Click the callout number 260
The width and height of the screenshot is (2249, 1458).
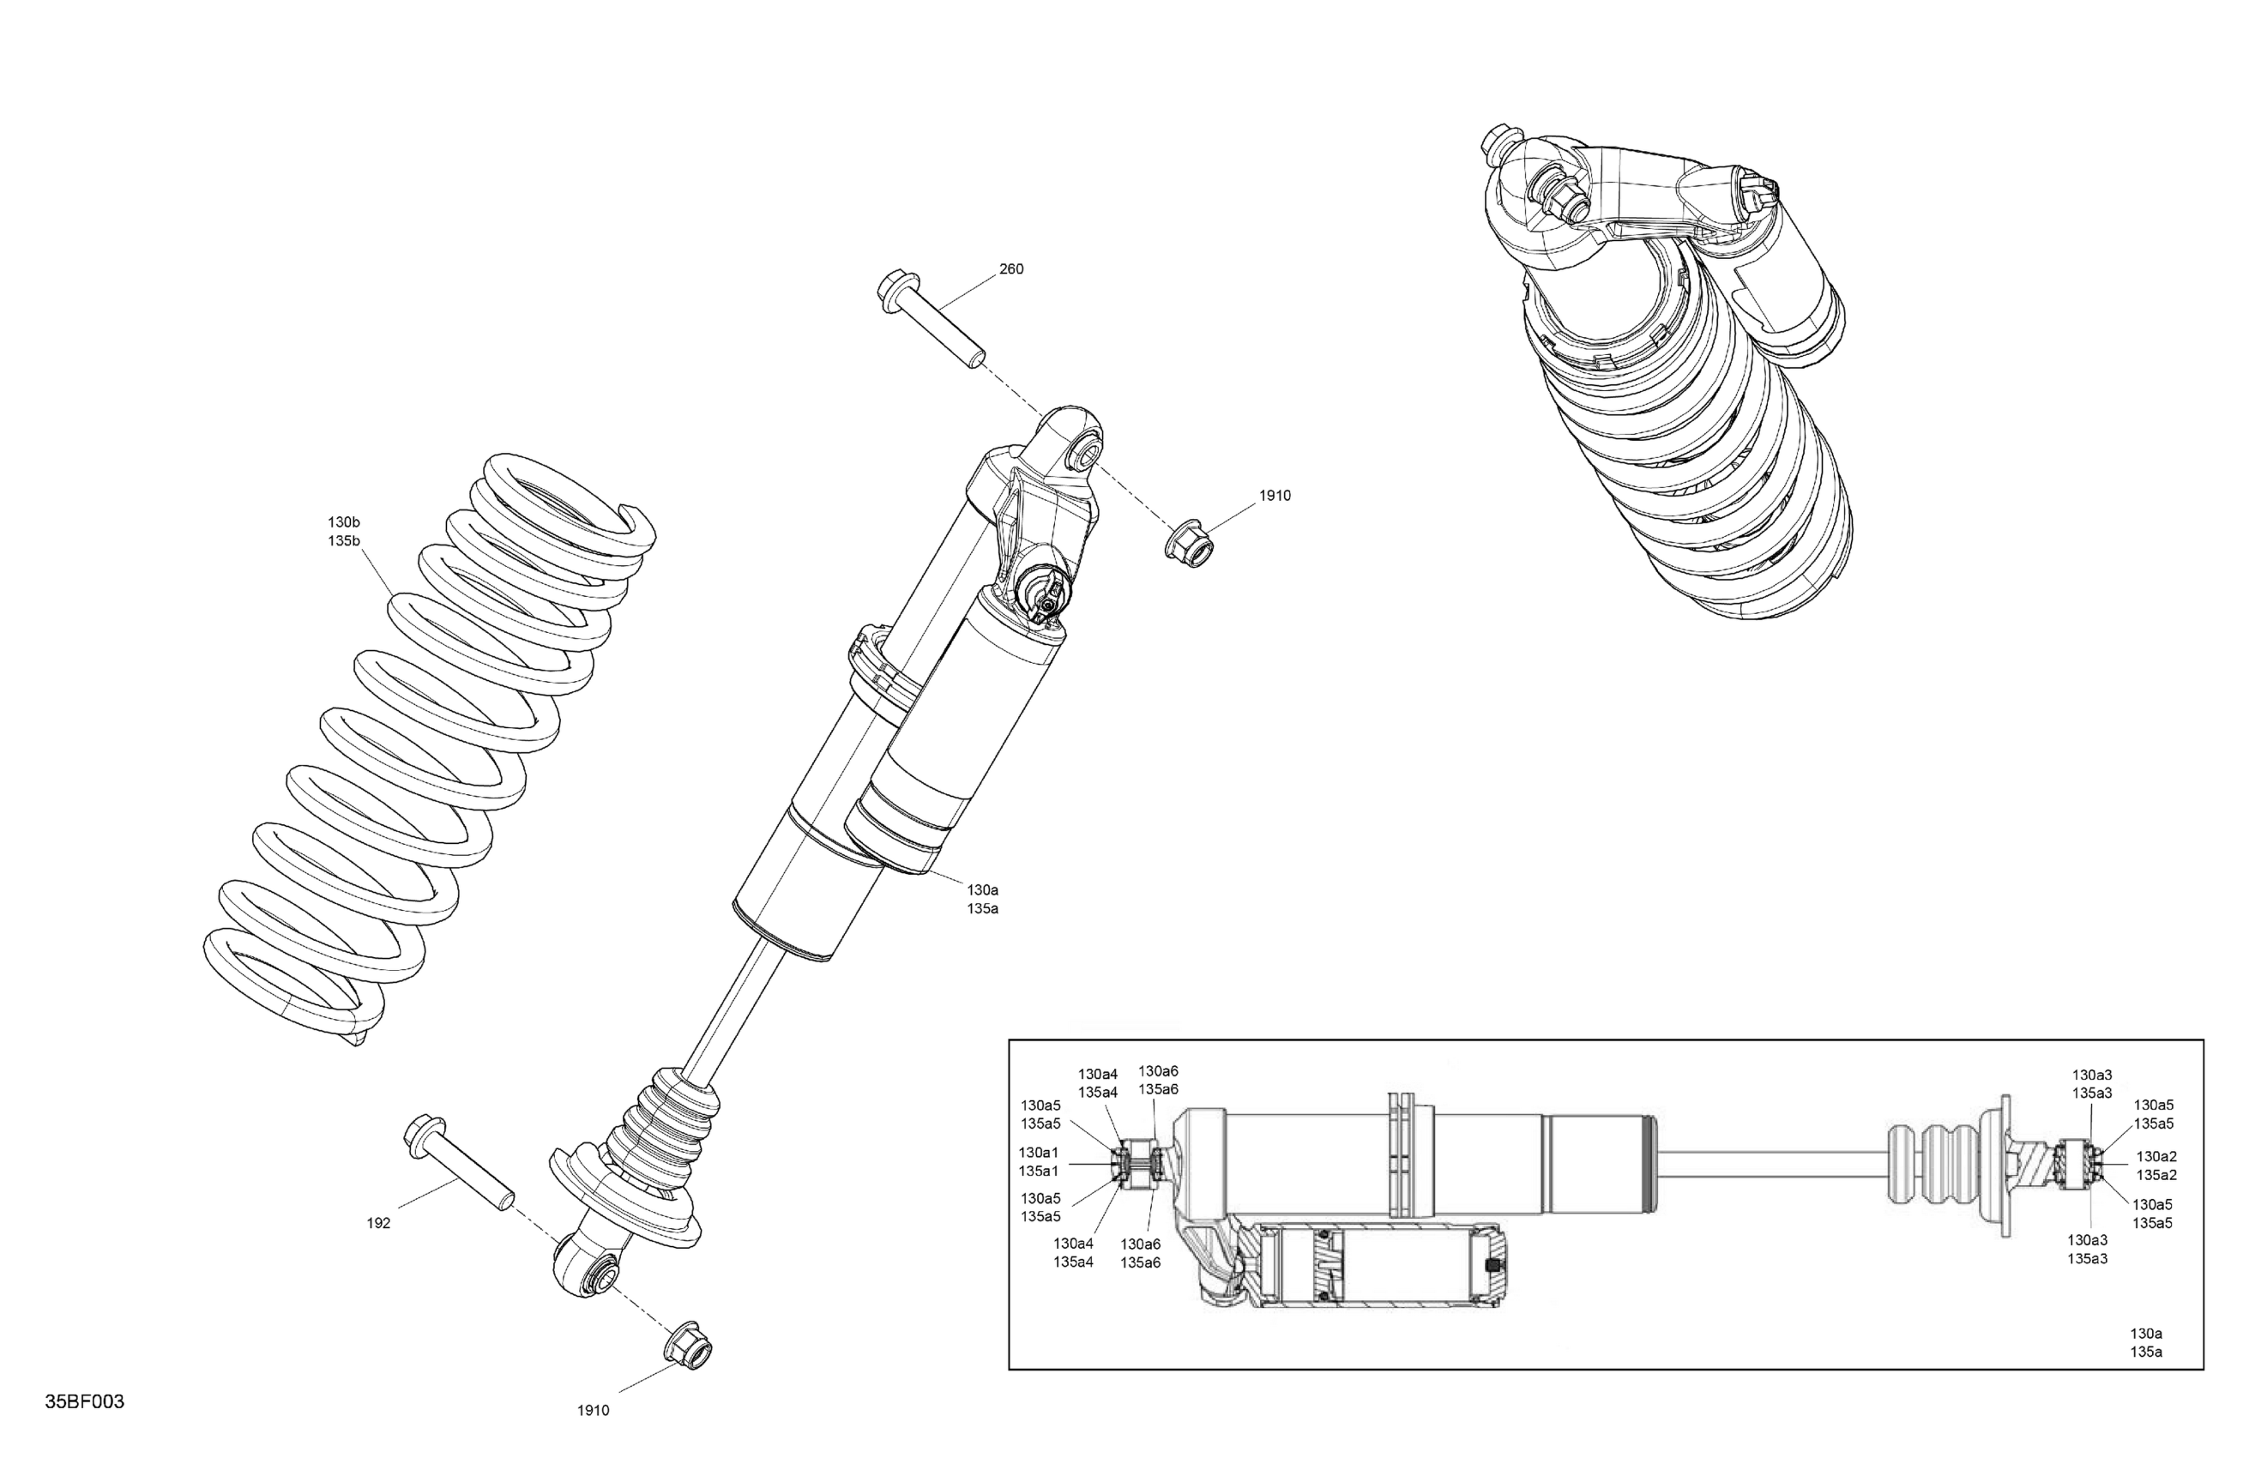(x=1010, y=269)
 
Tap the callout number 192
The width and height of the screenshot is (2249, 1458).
(x=378, y=1223)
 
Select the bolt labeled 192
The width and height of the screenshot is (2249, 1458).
(x=457, y=1168)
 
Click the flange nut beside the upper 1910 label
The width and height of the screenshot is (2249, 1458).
(x=1189, y=544)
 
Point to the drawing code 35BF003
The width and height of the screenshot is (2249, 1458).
(x=84, y=1401)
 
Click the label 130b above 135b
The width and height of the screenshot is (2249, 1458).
(x=344, y=521)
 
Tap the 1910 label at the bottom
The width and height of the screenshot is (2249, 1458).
(x=593, y=1411)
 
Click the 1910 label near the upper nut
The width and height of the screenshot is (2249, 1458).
(x=1274, y=496)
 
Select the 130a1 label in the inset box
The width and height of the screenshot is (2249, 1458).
(x=1039, y=1153)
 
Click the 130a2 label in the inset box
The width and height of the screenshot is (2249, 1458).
(x=2156, y=1157)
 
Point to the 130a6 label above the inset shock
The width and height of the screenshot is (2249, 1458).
(x=1158, y=1070)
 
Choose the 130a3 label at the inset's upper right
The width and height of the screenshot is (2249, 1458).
(x=2092, y=1075)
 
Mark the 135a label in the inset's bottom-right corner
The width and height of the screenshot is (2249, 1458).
(x=2146, y=1353)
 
